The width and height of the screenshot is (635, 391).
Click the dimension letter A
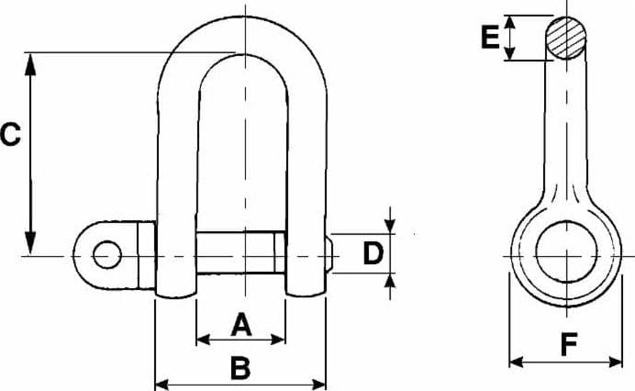[241, 324]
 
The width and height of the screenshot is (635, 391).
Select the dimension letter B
[240, 367]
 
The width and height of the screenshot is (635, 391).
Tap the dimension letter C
[10, 135]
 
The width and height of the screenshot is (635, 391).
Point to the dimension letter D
[373, 252]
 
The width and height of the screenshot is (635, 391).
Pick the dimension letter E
[490, 37]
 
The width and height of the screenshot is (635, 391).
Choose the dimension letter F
[569, 344]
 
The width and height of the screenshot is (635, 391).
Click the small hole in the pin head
[107, 254]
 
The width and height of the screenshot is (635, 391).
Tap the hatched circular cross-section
[566, 38]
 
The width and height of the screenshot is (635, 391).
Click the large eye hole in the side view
[566, 251]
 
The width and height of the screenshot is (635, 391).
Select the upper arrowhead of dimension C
[30, 64]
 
